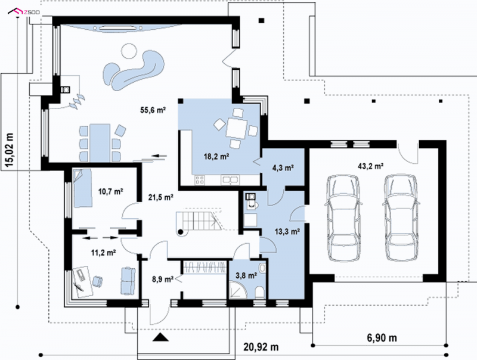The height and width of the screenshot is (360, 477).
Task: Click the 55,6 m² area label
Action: pos(153,110)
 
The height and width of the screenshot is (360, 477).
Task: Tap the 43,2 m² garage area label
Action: pos(370,166)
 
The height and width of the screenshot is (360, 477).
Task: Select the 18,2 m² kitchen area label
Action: pos(216,157)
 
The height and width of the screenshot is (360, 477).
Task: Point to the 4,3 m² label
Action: pos(283,167)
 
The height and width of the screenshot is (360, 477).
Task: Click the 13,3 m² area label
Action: pos(287,232)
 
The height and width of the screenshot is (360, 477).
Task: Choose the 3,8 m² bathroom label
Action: pos(246,276)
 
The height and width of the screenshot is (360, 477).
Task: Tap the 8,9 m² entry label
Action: pos(163,279)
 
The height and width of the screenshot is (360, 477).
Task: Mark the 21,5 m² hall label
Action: pos(161,197)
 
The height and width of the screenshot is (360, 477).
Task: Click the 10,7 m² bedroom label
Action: pos(110,191)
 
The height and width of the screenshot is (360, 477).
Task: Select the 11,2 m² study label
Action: pos(103,252)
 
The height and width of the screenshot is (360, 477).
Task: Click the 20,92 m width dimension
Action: pos(261,347)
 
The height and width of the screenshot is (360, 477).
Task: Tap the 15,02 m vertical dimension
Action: pos(10,151)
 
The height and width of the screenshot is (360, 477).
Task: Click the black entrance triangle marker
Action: pos(160,337)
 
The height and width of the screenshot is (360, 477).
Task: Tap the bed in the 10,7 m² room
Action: pos(82,188)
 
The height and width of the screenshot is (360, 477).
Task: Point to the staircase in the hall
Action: pos(199,222)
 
